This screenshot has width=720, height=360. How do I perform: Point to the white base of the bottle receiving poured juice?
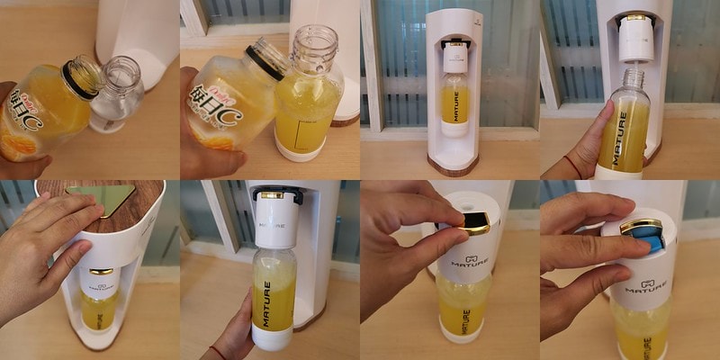click(x=299, y=148)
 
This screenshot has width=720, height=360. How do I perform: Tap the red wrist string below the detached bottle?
click(x=574, y=167)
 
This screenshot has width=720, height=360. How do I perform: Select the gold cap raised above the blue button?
click(x=636, y=226)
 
